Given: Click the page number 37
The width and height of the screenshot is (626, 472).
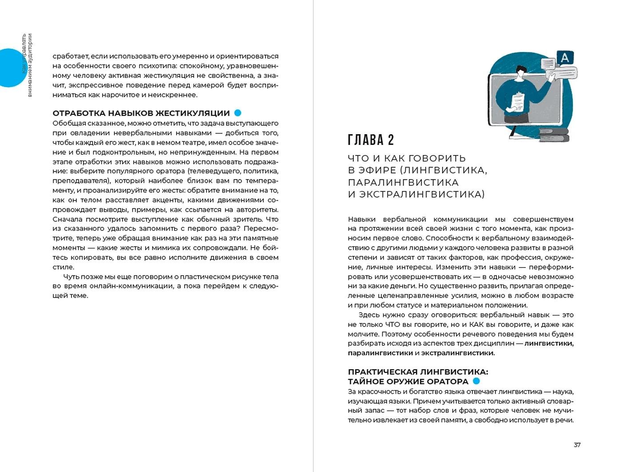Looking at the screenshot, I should coord(577,445).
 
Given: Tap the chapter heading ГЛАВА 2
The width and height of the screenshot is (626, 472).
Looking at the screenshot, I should coord(371,140).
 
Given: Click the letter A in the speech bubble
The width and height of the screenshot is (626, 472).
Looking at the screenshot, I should coord(565,58).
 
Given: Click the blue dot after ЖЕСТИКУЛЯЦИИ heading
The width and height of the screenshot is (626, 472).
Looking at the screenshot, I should coord(238,113).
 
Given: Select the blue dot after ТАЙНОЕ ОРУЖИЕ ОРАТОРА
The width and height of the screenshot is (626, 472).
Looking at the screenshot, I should coord(476,381).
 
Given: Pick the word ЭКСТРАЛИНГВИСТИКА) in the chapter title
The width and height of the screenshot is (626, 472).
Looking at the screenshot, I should coord(422,195).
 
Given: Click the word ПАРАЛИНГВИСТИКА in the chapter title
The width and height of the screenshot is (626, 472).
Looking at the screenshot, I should coord(403,183).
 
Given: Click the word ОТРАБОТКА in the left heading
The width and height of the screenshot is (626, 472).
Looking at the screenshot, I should coord(78,113).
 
